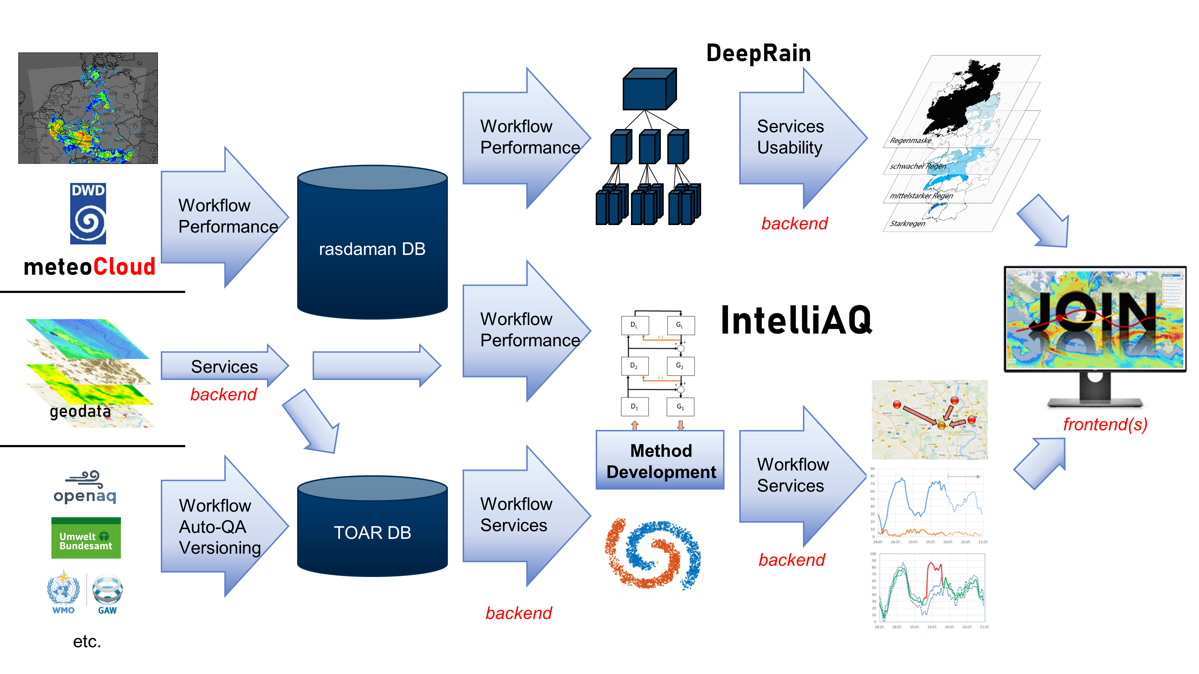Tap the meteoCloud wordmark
[89, 267]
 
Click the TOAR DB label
[372, 533]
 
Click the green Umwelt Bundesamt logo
[86, 538]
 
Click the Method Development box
[660, 460]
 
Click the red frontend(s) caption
[1105, 424]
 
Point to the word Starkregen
[907, 224]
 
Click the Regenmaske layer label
[910, 141]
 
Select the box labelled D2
[634, 366]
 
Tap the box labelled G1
[680, 407]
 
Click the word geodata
[80, 411]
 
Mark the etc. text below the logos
[87, 641]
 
